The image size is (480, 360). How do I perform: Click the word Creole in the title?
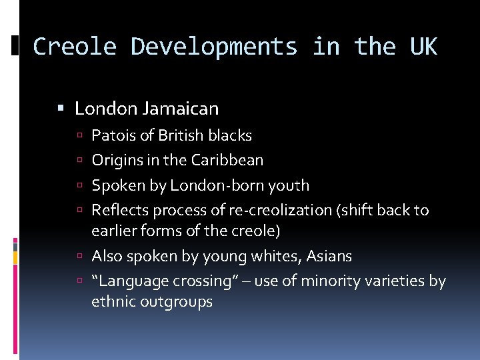[x=74, y=47]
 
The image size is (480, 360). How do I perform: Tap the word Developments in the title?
[x=214, y=47]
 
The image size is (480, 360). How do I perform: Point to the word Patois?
[x=111, y=135]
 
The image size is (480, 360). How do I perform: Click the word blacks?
[x=230, y=135]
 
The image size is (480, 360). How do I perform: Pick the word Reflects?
[x=120, y=210]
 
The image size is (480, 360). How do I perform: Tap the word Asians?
[x=329, y=256]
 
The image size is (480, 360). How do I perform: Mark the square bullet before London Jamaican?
[x=61, y=108]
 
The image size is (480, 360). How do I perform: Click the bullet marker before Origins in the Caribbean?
[x=80, y=161]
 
